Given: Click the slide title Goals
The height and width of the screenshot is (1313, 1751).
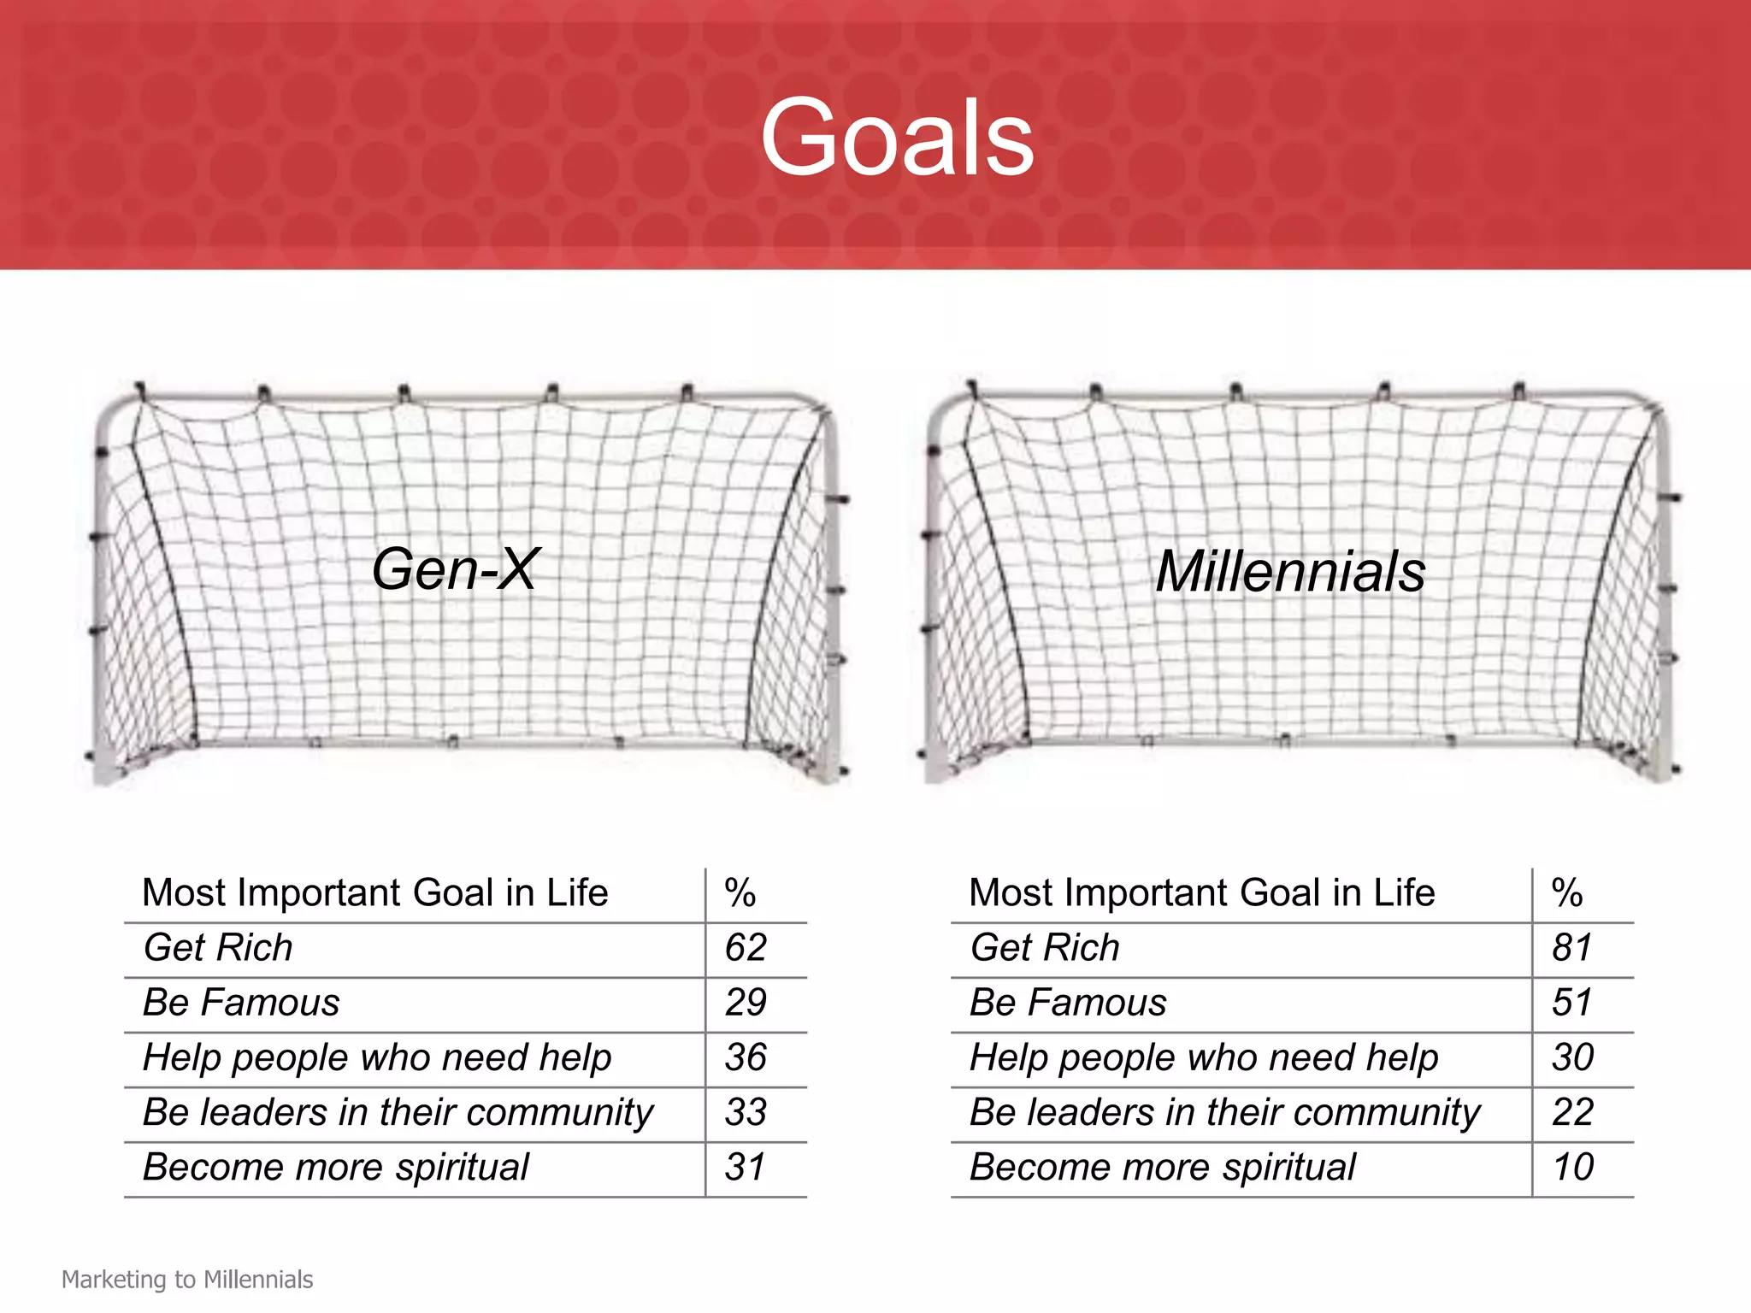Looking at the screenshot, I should point(897,137).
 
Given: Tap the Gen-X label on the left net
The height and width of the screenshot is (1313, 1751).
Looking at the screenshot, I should point(455,569).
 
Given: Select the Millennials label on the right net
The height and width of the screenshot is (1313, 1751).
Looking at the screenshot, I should point(1290,571).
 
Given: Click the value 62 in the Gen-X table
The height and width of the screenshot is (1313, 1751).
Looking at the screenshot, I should point(746,948).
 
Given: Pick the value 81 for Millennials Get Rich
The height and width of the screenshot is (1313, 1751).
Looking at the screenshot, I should point(1572,948).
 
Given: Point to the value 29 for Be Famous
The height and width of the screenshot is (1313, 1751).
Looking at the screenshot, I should point(746,1003).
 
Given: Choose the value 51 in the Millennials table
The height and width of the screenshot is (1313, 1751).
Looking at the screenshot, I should point(1572,1003).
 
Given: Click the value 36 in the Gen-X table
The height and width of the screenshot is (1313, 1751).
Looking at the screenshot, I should point(746,1057).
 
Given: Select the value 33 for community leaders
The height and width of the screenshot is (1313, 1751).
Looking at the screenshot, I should point(746,1112).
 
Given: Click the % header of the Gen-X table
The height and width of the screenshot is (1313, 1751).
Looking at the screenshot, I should point(740,893).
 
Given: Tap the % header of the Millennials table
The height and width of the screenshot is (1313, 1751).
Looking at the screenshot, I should point(1567,893).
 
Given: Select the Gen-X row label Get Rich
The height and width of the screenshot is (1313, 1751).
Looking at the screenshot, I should point(218,948).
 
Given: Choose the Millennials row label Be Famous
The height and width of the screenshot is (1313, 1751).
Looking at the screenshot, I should point(1068,1003).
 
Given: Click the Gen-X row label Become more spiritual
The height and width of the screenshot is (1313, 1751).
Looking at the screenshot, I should point(336,1167).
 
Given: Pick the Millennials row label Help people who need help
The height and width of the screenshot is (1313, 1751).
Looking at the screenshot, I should point(1204,1057).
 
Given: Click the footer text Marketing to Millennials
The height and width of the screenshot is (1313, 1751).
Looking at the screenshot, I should point(187,1280).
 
